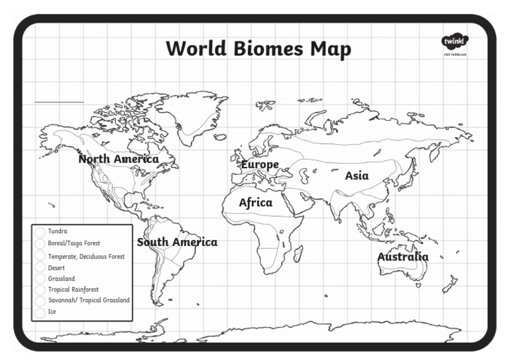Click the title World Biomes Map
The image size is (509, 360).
[x=258, y=49]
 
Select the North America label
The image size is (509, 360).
[x=118, y=159]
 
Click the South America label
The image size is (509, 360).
[x=177, y=242]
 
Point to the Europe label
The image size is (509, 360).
[x=260, y=164]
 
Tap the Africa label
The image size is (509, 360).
[x=256, y=202]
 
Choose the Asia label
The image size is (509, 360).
[x=357, y=176]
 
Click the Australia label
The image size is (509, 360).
[x=403, y=257]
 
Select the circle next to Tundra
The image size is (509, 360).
[x=40, y=231]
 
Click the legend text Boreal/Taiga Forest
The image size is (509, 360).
[x=74, y=243]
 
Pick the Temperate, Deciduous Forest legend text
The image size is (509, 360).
[x=86, y=256]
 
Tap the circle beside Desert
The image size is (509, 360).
[x=40, y=268]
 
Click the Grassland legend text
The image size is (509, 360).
[x=62, y=279]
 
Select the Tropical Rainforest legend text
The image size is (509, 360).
[x=74, y=290]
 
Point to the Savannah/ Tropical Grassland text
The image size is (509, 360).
[x=89, y=300]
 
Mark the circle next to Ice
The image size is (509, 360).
[x=40, y=312]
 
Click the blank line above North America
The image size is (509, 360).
[x=59, y=102]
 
